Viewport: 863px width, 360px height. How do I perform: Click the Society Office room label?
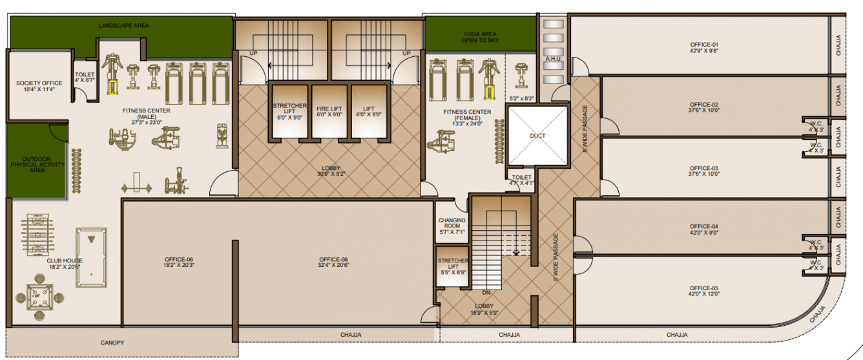(39, 83)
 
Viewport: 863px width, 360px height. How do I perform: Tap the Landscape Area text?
(124, 25)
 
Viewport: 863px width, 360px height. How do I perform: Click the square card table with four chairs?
(40, 296)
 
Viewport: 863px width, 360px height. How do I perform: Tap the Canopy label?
(112, 343)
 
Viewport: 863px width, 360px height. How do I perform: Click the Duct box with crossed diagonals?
(537, 136)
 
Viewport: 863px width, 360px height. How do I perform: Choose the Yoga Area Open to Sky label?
(480, 37)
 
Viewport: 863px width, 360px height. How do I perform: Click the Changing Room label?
(452, 223)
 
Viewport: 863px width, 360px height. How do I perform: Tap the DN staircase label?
(486, 292)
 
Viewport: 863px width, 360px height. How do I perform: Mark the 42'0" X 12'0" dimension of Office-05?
(703, 293)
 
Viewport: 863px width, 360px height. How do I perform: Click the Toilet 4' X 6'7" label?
(85, 78)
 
